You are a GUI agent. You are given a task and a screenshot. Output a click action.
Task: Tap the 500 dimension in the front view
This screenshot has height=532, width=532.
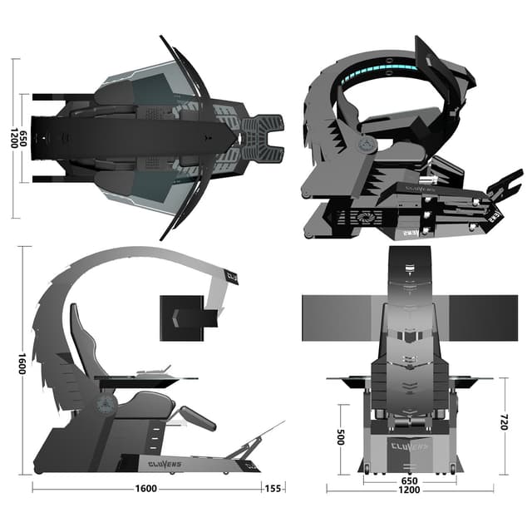pyautogui.click(x=341, y=437)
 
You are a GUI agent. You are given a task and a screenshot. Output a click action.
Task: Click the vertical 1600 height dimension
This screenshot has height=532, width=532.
pyautogui.click(x=21, y=363)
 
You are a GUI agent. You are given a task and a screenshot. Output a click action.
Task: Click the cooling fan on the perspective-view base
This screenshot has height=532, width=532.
pyautogui.click(x=362, y=217)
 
